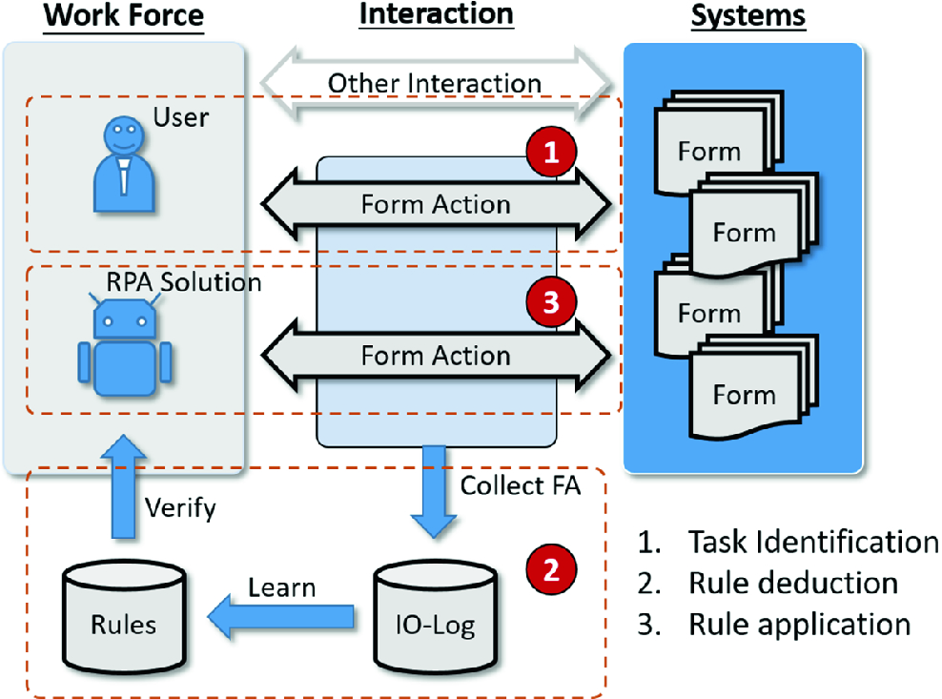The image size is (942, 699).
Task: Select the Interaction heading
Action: pyautogui.click(x=436, y=15)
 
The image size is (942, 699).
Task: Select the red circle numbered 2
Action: pyautogui.click(x=550, y=569)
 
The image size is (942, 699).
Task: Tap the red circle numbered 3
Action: pyautogui.click(x=550, y=302)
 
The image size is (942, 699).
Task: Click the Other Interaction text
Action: pyautogui.click(x=435, y=83)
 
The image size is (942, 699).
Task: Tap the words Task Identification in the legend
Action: pyautogui.click(x=812, y=542)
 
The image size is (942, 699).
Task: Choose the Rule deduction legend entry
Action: pyautogui.click(x=792, y=583)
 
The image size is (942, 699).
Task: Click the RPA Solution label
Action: pyautogui.click(x=185, y=282)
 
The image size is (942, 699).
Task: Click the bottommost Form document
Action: pyautogui.click(x=744, y=393)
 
